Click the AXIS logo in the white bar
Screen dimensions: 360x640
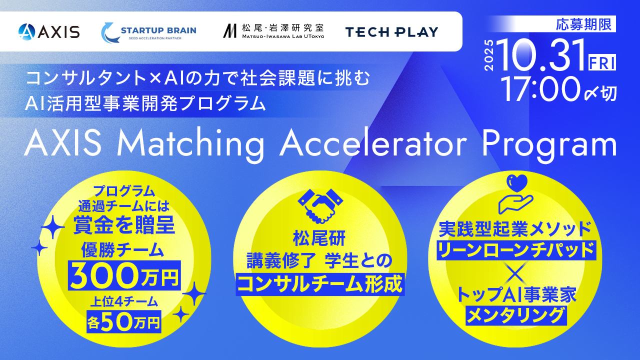pos(49,31)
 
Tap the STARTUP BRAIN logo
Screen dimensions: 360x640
pos(148,31)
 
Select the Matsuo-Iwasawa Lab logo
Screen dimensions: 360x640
pos(273,31)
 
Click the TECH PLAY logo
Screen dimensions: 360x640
pos(391,32)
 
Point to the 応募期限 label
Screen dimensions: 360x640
pos(585,23)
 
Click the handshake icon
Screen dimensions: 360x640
pos(320,205)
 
